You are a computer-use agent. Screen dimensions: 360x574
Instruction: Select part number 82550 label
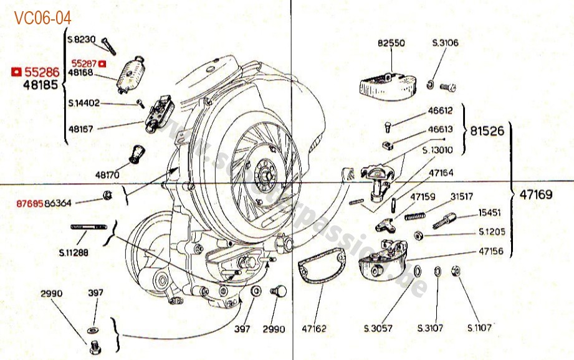point(391,44)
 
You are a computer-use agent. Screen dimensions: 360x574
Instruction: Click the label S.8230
point(81,39)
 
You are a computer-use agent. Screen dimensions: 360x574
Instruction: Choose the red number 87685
point(30,203)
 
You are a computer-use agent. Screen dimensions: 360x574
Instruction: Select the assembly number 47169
point(536,194)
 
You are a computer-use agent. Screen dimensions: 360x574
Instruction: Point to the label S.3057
point(378,328)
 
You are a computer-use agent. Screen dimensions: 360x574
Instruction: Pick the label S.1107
point(479,328)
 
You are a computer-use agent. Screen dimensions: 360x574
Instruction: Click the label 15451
point(489,212)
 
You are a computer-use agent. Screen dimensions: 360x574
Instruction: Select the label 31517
point(462,196)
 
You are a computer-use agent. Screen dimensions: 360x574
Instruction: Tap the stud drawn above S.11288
point(90,227)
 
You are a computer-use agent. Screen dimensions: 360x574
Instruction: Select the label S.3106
point(445,43)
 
